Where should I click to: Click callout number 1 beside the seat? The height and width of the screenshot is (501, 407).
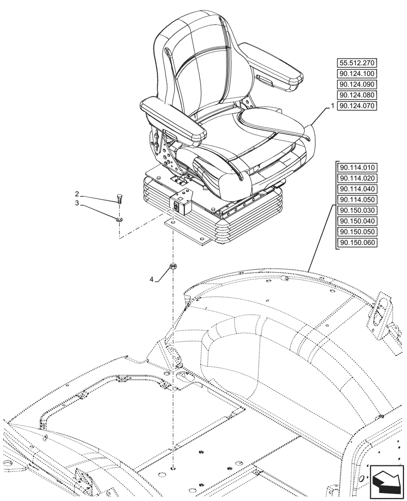[332, 107]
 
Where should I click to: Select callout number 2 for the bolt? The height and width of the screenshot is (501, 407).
[77, 194]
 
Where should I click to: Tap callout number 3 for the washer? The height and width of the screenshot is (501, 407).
[77, 203]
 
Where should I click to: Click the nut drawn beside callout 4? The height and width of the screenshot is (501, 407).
[173, 267]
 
